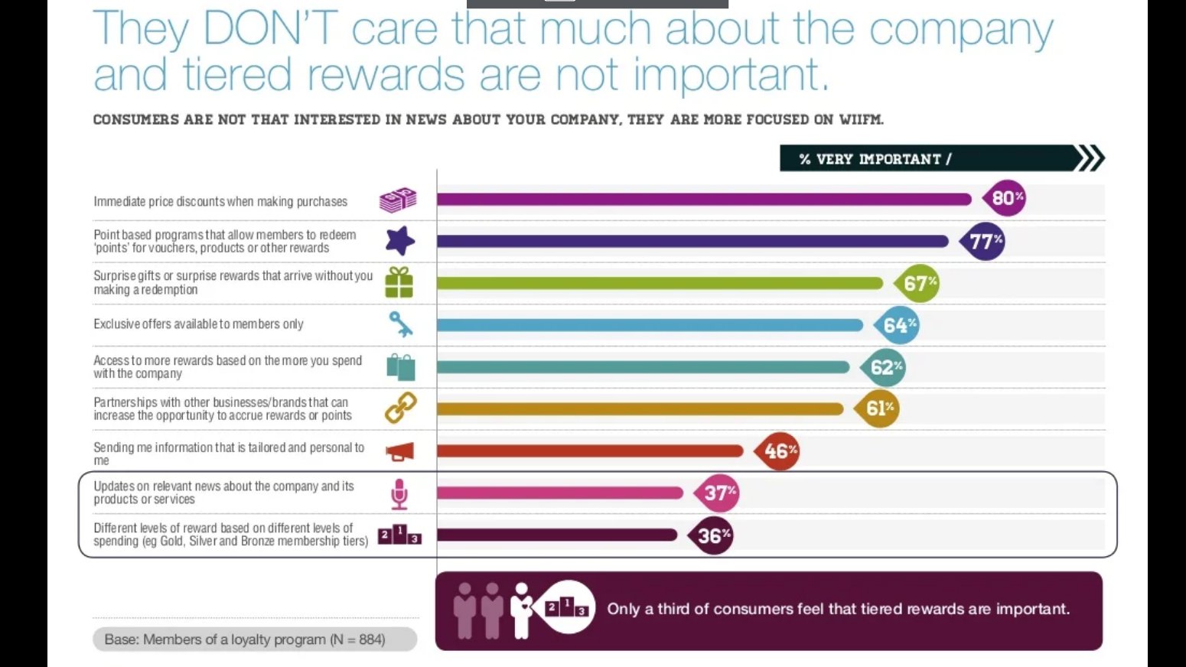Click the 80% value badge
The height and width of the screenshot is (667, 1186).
[1005, 198]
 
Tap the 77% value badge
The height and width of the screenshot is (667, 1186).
[983, 242]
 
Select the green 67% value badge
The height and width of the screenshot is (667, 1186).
[917, 284]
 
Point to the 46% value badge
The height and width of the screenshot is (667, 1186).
[778, 451]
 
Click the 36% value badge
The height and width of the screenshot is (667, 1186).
[712, 535]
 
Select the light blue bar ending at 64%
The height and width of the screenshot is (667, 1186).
[650, 325]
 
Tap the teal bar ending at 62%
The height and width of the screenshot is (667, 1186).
[644, 367]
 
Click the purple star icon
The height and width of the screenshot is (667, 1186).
[399, 241]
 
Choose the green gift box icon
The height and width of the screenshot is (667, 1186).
[399, 282]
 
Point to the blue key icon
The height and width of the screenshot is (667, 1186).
[399, 324]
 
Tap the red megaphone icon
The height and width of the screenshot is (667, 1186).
[399, 452]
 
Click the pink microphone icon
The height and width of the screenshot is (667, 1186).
[399, 494]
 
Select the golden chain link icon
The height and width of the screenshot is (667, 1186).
[399, 408]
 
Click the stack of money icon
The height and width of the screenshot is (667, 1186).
[398, 200]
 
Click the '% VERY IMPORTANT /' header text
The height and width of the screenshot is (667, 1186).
[875, 159]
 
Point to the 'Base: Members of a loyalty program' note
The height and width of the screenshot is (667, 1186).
[245, 639]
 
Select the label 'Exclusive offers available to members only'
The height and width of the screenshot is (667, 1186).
[198, 324]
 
